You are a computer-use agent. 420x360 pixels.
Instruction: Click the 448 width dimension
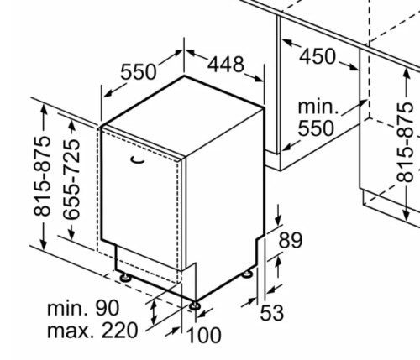(x=226, y=65)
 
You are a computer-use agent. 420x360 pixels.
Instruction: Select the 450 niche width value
(x=318, y=57)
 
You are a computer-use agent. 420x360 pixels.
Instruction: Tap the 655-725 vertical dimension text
(x=71, y=180)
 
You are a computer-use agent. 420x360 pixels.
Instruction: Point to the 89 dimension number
(x=291, y=240)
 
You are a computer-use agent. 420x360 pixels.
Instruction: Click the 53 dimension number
(x=272, y=312)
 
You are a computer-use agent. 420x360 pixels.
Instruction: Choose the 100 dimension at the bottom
(x=203, y=335)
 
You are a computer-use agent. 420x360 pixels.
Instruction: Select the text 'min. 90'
(x=83, y=308)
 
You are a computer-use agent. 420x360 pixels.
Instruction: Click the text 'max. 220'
(x=92, y=331)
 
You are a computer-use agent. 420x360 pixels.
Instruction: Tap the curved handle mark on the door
(x=138, y=160)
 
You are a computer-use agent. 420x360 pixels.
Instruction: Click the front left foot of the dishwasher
(x=125, y=277)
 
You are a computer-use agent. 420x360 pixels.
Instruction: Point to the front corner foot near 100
(x=194, y=305)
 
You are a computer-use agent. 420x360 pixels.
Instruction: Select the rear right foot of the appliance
(x=247, y=274)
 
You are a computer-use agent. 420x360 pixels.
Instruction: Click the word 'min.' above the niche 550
(x=318, y=107)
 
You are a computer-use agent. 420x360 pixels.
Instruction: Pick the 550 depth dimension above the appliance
(x=138, y=72)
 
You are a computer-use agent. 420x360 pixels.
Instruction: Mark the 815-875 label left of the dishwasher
(x=42, y=176)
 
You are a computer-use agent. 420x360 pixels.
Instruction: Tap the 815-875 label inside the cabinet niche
(x=405, y=142)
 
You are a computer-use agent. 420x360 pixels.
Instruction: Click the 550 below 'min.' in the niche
(x=316, y=128)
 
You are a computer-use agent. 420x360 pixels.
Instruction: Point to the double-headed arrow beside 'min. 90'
(x=154, y=312)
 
